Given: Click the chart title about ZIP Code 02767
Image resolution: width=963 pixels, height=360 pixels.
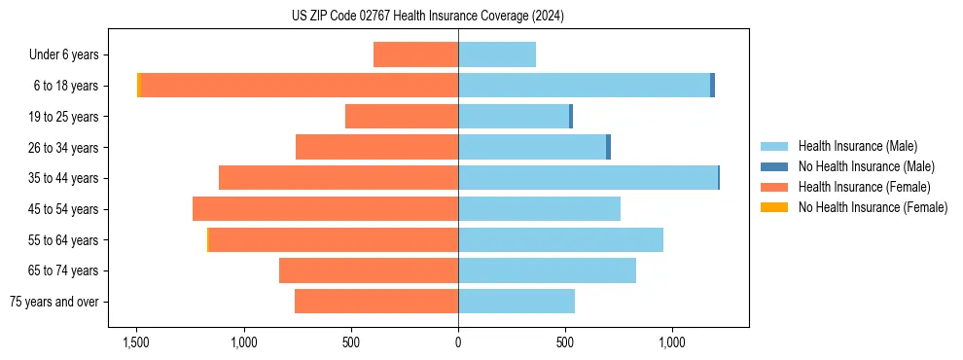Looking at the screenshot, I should [x=428, y=17].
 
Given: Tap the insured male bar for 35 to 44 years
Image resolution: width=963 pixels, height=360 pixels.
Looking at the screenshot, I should [x=588, y=178].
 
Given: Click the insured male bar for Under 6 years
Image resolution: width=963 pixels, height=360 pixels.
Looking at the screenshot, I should [x=497, y=54].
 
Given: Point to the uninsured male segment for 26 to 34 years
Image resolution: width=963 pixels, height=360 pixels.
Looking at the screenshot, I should [x=608, y=147].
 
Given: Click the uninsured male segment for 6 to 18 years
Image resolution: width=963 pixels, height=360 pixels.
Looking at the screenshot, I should [x=712, y=86].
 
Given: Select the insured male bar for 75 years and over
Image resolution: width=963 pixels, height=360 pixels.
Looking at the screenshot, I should [x=517, y=302].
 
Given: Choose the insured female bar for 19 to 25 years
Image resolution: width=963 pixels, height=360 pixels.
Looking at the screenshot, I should [x=402, y=117].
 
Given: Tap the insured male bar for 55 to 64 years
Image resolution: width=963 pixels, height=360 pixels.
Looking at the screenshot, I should [x=560, y=239].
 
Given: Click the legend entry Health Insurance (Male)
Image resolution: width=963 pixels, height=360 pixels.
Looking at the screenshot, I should [x=857, y=146].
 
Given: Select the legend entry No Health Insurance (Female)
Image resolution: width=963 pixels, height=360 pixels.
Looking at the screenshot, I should [x=873, y=207].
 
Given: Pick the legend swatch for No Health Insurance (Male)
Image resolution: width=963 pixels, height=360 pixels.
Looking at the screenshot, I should [x=774, y=166].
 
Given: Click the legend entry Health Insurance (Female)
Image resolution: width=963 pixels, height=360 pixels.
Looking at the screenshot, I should [x=864, y=187].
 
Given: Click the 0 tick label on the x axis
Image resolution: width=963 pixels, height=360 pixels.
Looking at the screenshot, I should [x=458, y=342].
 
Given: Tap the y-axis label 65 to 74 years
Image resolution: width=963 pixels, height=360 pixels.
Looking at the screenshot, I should [x=64, y=270].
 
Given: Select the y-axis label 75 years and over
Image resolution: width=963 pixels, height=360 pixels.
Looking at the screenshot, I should [x=54, y=302].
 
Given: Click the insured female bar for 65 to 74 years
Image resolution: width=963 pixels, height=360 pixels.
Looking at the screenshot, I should [x=369, y=270].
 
